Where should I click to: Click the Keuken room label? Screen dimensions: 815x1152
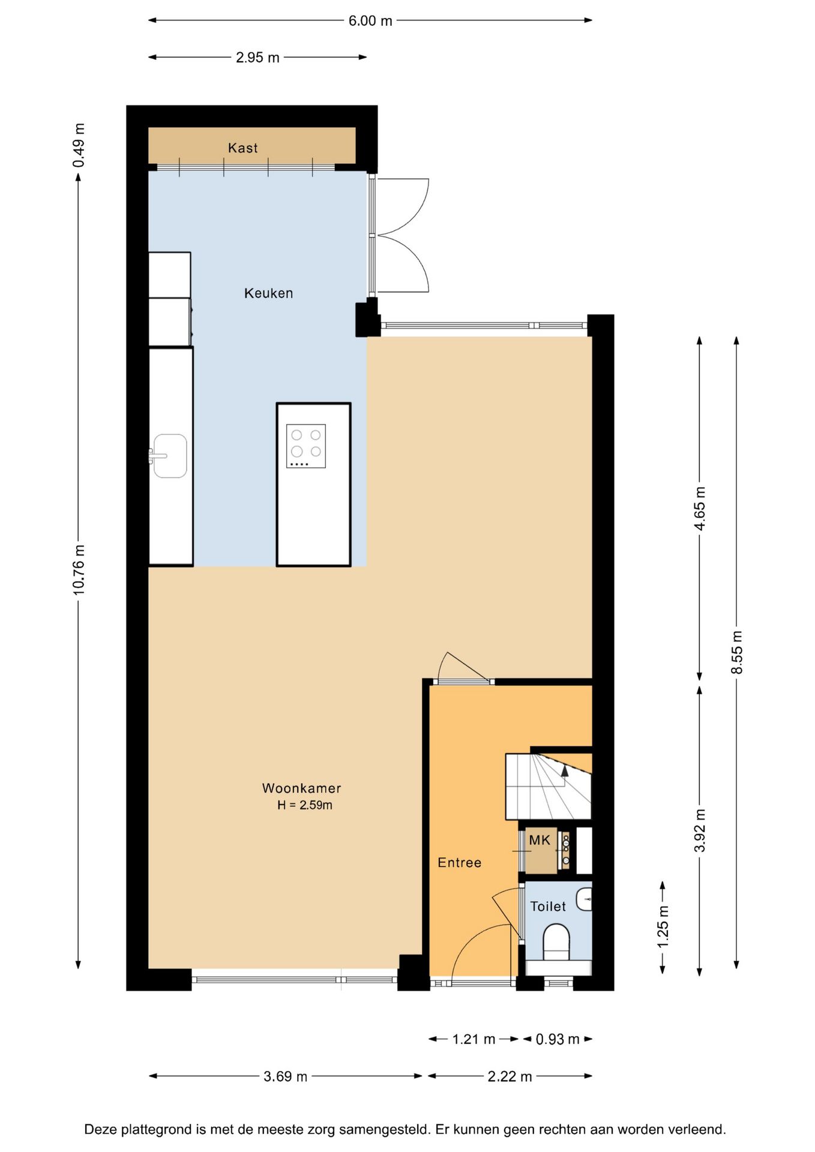pyautogui.click(x=268, y=293)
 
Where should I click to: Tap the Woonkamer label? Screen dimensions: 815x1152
pyautogui.click(x=301, y=788)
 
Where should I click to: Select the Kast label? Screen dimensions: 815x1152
pyautogui.click(x=242, y=148)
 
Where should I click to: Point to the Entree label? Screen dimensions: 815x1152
pyautogui.click(x=459, y=863)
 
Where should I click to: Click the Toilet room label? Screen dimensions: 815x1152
pyautogui.click(x=547, y=907)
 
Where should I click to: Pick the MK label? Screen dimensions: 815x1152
pyautogui.click(x=540, y=841)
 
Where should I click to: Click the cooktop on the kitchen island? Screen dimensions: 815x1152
pyautogui.click(x=306, y=446)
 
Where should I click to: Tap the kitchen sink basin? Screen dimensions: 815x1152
pyautogui.click(x=170, y=456)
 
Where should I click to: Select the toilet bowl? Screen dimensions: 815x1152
pyautogui.click(x=556, y=941)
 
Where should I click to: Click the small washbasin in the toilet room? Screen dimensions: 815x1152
pyautogui.click(x=584, y=899)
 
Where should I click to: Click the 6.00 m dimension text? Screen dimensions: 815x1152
pyautogui.click(x=370, y=21)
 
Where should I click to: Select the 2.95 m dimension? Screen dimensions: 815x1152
pyautogui.click(x=257, y=58)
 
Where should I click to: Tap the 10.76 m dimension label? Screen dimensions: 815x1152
pyautogui.click(x=79, y=569)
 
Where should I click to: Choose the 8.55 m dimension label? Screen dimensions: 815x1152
pyautogui.click(x=736, y=652)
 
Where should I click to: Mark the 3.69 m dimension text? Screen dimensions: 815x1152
pyautogui.click(x=285, y=1076)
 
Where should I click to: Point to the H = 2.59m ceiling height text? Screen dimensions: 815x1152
pyautogui.click(x=305, y=805)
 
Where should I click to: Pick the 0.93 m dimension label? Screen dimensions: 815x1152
pyautogui.click(x=558, y=1039)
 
